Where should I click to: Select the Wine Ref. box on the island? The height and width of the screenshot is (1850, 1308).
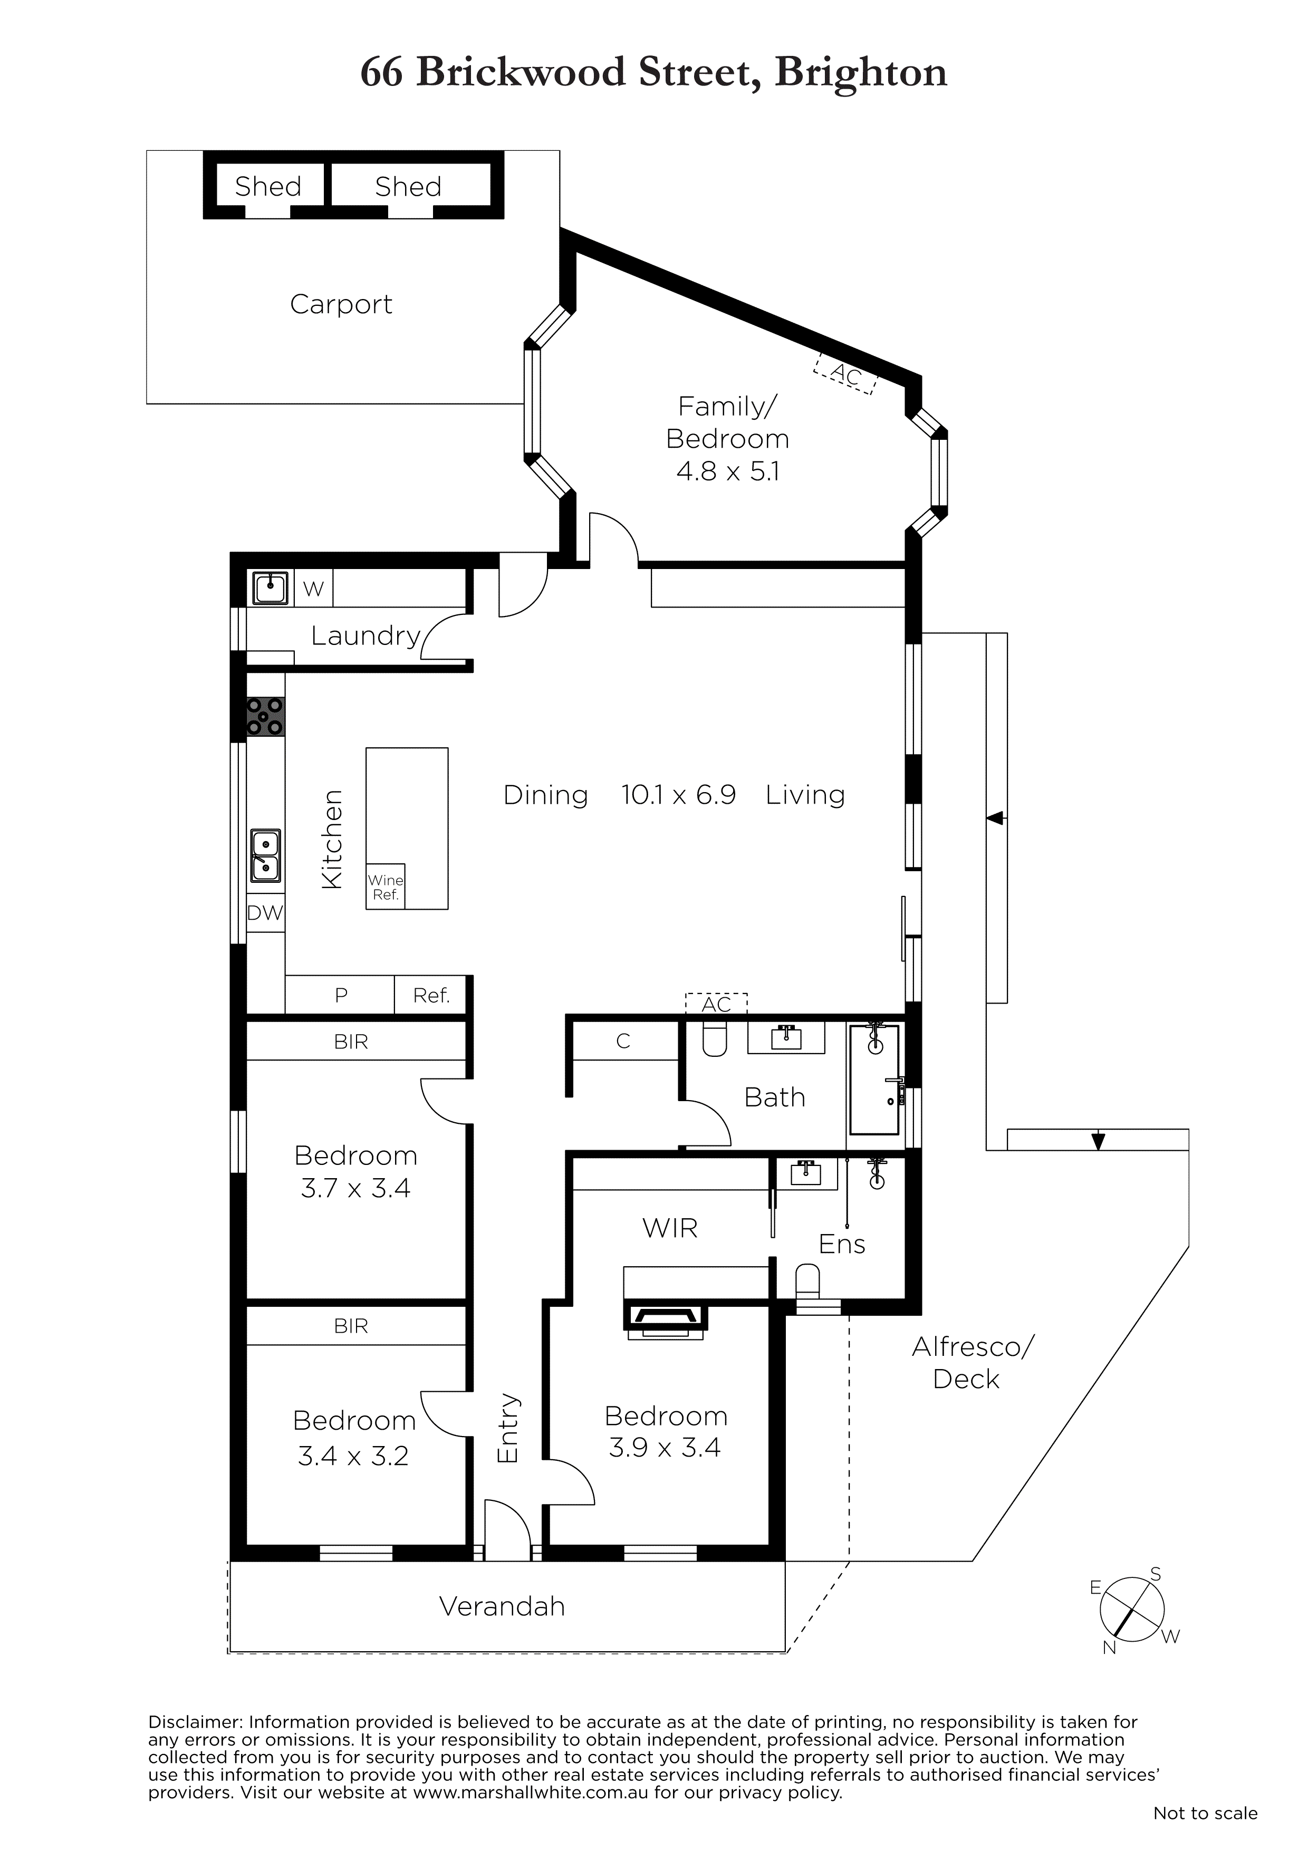[385, 887]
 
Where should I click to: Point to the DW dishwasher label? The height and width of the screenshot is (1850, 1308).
[265, 913]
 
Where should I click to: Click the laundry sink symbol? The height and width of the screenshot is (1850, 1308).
[271, 587]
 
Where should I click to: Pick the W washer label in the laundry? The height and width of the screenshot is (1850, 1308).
[313, 589]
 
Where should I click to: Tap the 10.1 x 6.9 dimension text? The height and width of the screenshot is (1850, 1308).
[679, 795]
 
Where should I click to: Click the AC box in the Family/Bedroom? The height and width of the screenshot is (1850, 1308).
[845, 374]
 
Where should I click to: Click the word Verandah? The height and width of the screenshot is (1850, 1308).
[502, 1607]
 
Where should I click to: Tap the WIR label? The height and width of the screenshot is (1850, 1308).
[670, 1228]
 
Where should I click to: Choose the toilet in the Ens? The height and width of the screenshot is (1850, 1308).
[807, 1280]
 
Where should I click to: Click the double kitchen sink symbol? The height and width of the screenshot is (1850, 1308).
[265, 856]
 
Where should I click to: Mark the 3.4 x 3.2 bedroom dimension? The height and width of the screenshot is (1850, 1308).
[353, 1456]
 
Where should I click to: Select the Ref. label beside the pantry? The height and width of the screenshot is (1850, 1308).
[431, 996]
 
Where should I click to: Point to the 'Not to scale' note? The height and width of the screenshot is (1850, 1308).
[1205, 1813]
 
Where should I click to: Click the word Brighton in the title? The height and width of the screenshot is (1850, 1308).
[861, 73]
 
